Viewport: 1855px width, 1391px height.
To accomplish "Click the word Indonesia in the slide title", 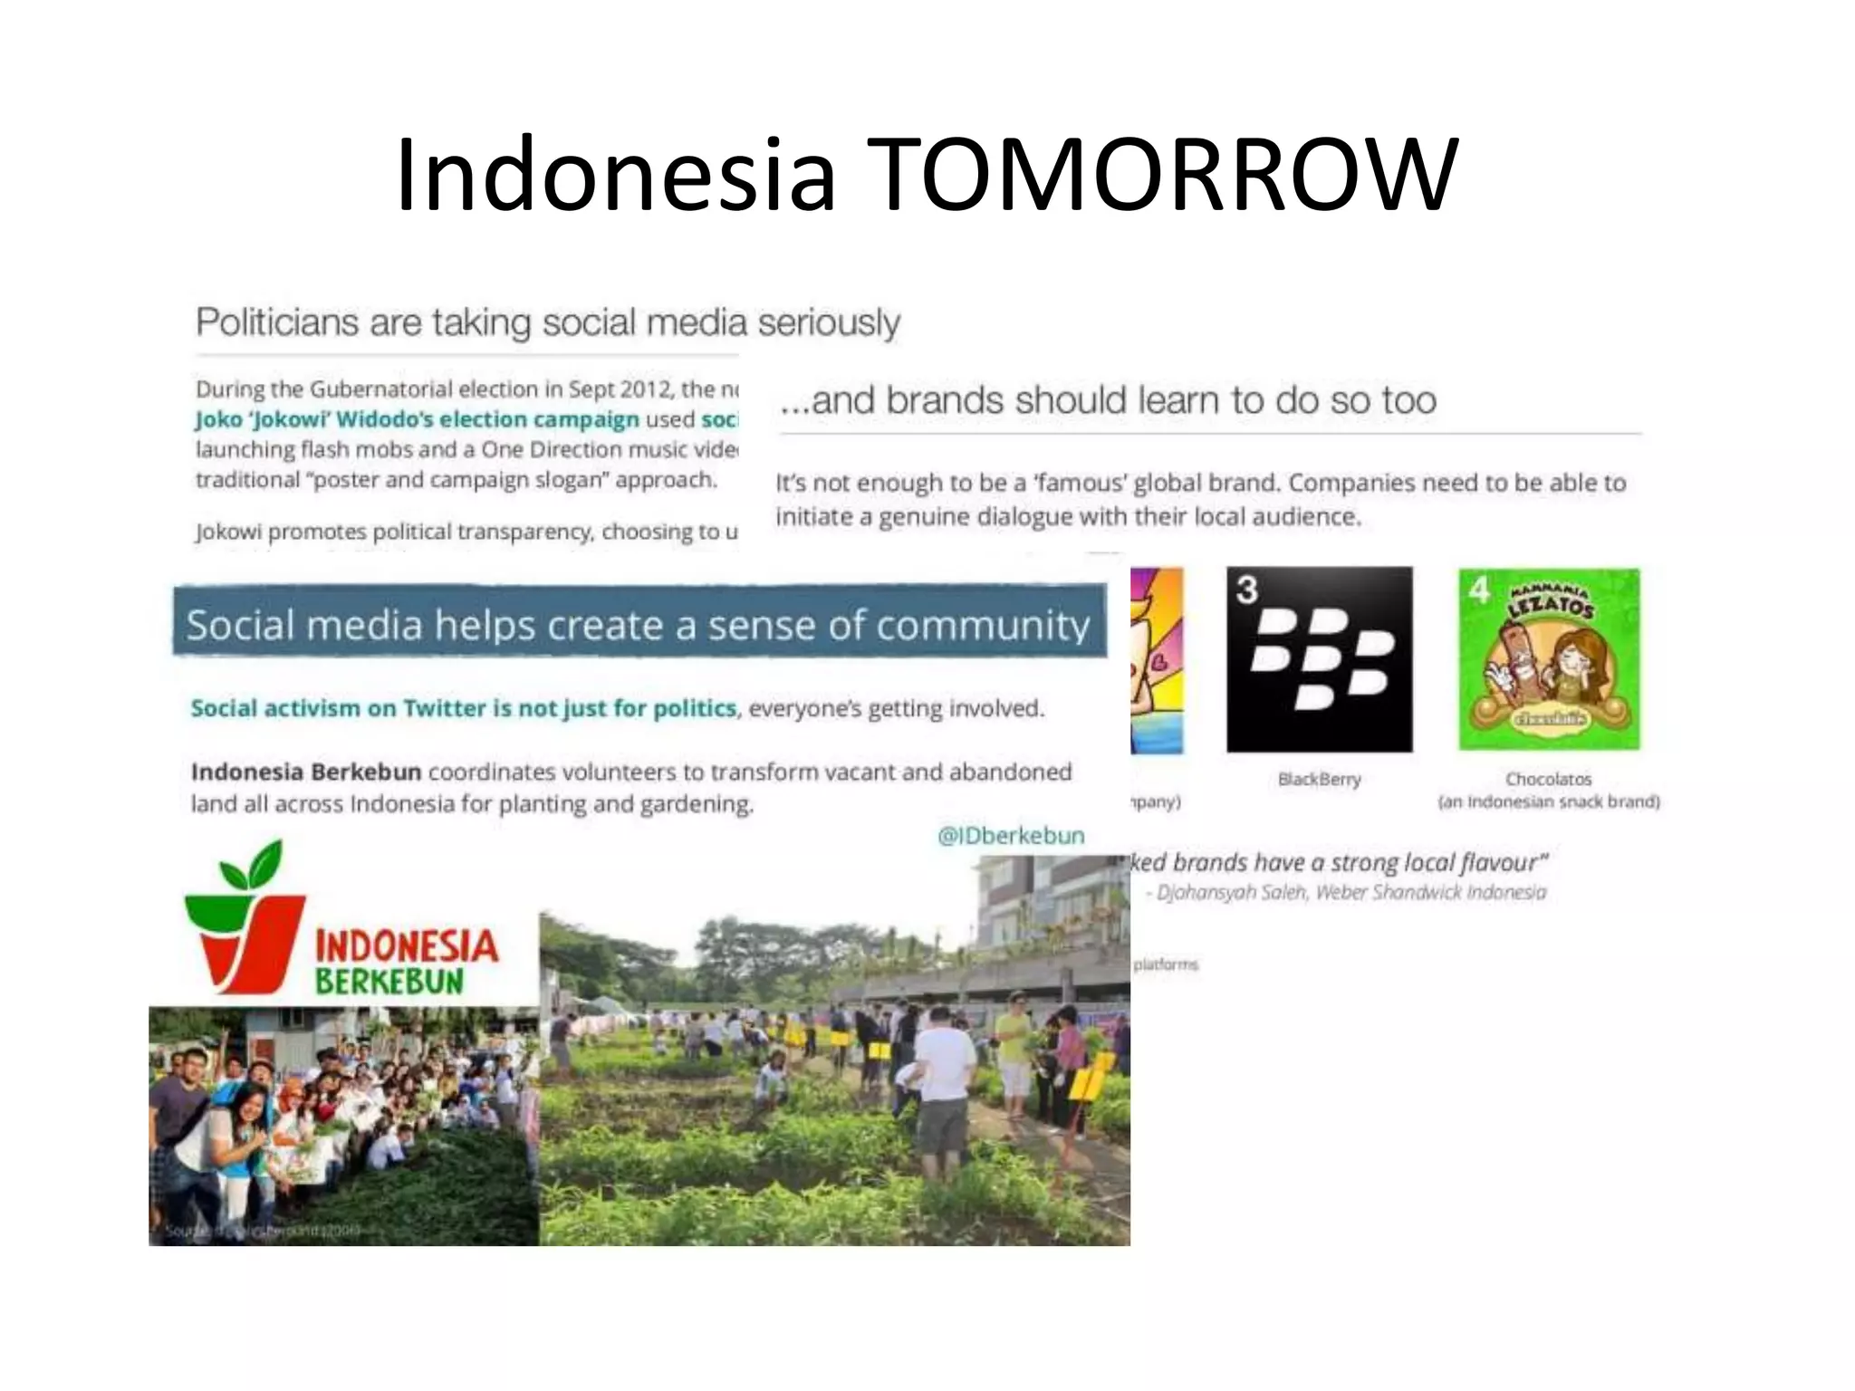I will [x=614, y=174].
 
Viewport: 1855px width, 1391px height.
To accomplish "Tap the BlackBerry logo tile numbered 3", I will [x=1319, y=659].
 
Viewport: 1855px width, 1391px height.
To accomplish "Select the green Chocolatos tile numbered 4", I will [x=1549, y=659].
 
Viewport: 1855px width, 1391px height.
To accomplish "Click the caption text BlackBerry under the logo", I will [x=1319, y=779].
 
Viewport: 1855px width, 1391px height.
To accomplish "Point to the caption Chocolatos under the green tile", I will [x=1548, y=779].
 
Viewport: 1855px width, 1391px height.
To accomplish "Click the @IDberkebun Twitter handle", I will [x=1011, y=835].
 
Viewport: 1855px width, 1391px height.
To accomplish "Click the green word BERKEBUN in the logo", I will [x=389, y=982].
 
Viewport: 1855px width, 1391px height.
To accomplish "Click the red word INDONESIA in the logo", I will [x=406, y=946].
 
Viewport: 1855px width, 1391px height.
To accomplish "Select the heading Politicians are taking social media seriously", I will [x=548, y=322].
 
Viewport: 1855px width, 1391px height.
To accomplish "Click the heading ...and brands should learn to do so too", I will [x=1108, y=400].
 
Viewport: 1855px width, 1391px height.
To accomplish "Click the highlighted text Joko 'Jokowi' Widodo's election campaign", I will [x=418, y=419].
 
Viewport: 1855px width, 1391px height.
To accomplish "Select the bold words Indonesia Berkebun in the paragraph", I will [x=305, y=772].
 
